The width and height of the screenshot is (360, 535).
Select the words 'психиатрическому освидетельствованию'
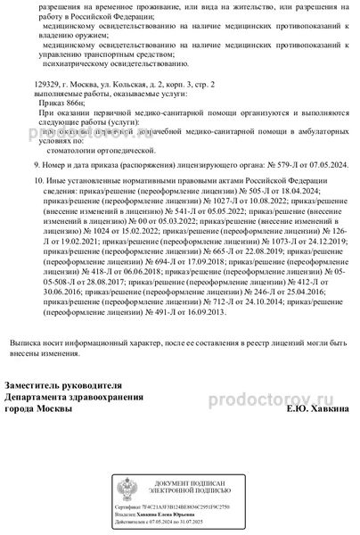pos(106,63)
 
